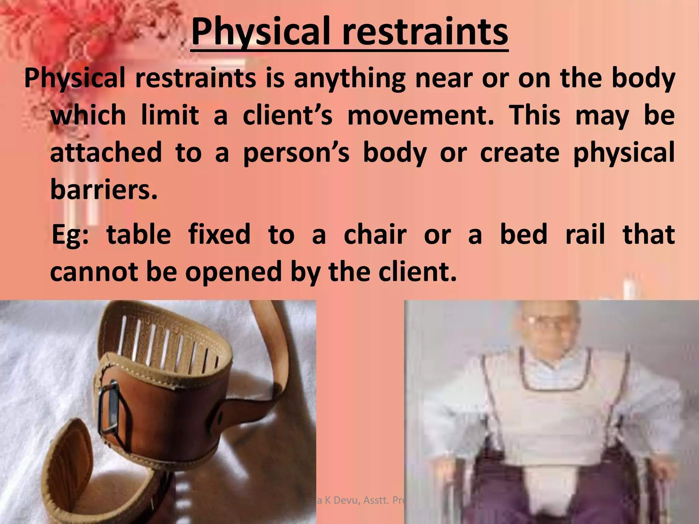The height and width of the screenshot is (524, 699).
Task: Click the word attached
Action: point(106,152)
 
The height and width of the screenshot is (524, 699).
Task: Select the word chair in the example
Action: point(375,235)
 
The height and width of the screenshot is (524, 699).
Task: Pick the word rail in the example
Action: point(585,235)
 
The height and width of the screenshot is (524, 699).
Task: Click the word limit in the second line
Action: point(170,115)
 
